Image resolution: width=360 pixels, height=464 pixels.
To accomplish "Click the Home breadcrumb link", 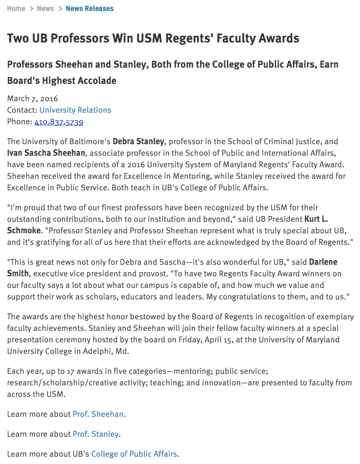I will click(16, 8).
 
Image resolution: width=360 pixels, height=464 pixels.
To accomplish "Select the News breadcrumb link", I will click(45, 8).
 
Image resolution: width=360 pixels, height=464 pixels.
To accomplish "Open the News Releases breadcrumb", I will click(90, 8).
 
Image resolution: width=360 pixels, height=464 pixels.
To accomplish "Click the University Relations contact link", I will click(75, 110).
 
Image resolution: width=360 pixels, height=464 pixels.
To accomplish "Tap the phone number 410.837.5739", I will click(59, 122).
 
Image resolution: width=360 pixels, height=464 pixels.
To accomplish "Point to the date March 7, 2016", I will click(33, 99).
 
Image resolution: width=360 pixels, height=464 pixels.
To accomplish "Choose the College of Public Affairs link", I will click(134, 454).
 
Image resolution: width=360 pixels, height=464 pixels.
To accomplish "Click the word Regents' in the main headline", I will click(208, 38).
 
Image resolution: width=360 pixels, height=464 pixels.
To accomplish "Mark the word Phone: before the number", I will click(19, 122).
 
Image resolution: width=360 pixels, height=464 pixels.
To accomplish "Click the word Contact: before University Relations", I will click(22, 110).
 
